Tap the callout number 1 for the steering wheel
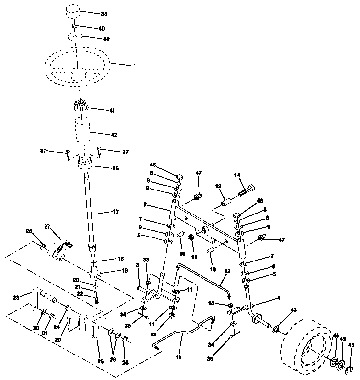click(x=134, y=65)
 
